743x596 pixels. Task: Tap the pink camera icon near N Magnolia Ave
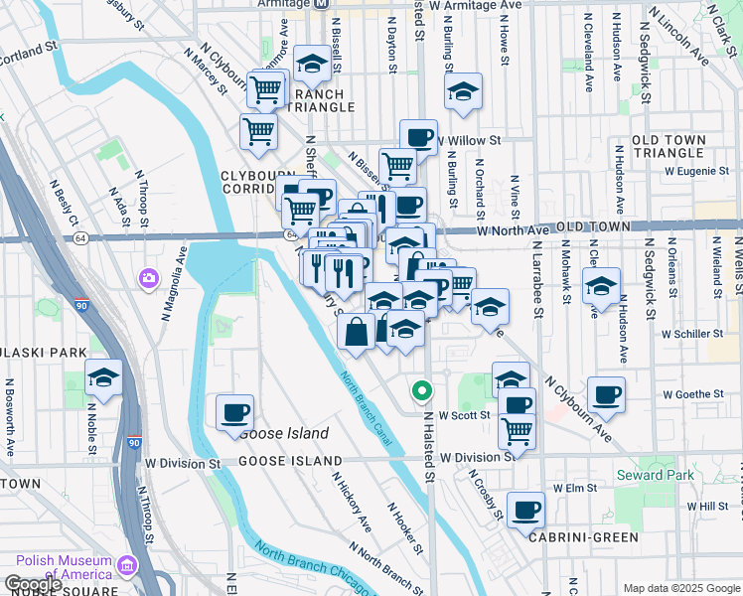[x=150, y=276]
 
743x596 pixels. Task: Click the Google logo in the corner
[x=33, y=585]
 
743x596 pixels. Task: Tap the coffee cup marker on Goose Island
[x=234, y=412]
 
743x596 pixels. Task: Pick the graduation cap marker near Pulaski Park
[x=103, y=377]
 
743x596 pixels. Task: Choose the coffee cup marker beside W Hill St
[x=525, y=510]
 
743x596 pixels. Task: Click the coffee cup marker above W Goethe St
[x=605, y=394]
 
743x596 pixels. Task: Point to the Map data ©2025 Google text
[x=680, y=588]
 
